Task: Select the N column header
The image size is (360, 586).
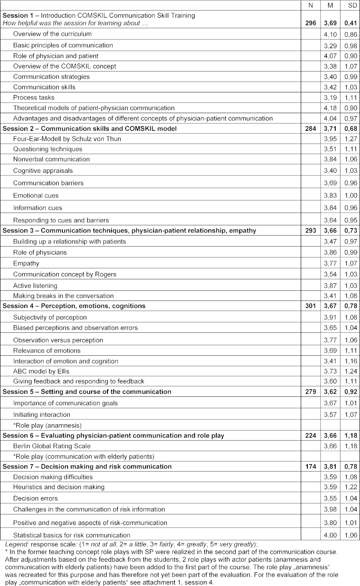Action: pyautogui.click(x=310, y=5)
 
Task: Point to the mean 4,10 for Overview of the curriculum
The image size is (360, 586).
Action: pyautogui.click(x=330, y=34)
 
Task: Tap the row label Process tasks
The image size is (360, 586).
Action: pyautogui.click(x=34, y=98)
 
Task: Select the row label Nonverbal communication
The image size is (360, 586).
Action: pyautogui.click(x=51, y=160)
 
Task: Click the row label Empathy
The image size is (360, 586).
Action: pyautogui.click(x=26, y=264)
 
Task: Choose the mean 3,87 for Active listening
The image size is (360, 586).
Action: pyautogui.click(x=330, y=285)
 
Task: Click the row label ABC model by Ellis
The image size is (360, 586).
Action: pyautogui.click(x=41, y=371)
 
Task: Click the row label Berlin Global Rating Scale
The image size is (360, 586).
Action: pyautogui.click(x=52, y=446)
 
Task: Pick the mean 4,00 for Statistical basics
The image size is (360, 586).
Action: pyautogui.click(x=330, y=535)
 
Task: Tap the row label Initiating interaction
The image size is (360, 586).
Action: pyautogui.click(x=42, y=415)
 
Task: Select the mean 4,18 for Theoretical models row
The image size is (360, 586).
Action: pyautogui.click(x=330, y=108)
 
